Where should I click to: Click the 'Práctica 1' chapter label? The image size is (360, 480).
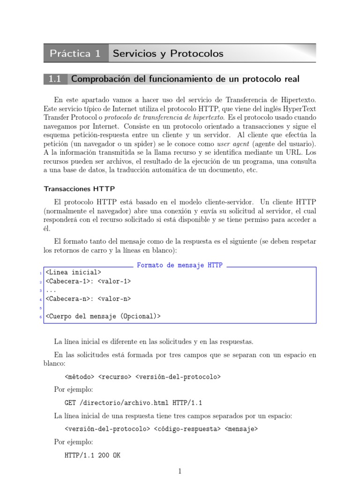[x=75, y=53]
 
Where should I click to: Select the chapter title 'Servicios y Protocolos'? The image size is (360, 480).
[x=168, y=53]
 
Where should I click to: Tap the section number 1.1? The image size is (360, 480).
[x=55, y=79]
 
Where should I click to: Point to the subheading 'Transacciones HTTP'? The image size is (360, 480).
[x=79, y=189]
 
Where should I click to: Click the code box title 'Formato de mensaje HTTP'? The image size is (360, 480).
[x=180, y=265]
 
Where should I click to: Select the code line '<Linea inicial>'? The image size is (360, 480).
[x=73, y=272]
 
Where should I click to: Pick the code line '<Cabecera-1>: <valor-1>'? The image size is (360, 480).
[x=88, y=281]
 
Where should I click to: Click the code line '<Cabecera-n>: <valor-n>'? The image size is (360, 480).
[x=88, y=299]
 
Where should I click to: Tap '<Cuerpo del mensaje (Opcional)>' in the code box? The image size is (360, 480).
[x=103, y=316]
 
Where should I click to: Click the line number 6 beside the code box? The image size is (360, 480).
[x=41, y=317]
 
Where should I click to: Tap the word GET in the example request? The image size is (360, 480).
[x=70, y=403]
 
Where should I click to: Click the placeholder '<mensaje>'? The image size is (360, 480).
[x=241, y=429]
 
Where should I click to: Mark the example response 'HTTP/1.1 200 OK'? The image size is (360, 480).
[x=92, y=455]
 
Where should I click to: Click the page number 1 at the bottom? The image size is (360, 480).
[x=180, y=471]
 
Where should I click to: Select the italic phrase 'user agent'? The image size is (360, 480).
[x=234, y=143]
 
